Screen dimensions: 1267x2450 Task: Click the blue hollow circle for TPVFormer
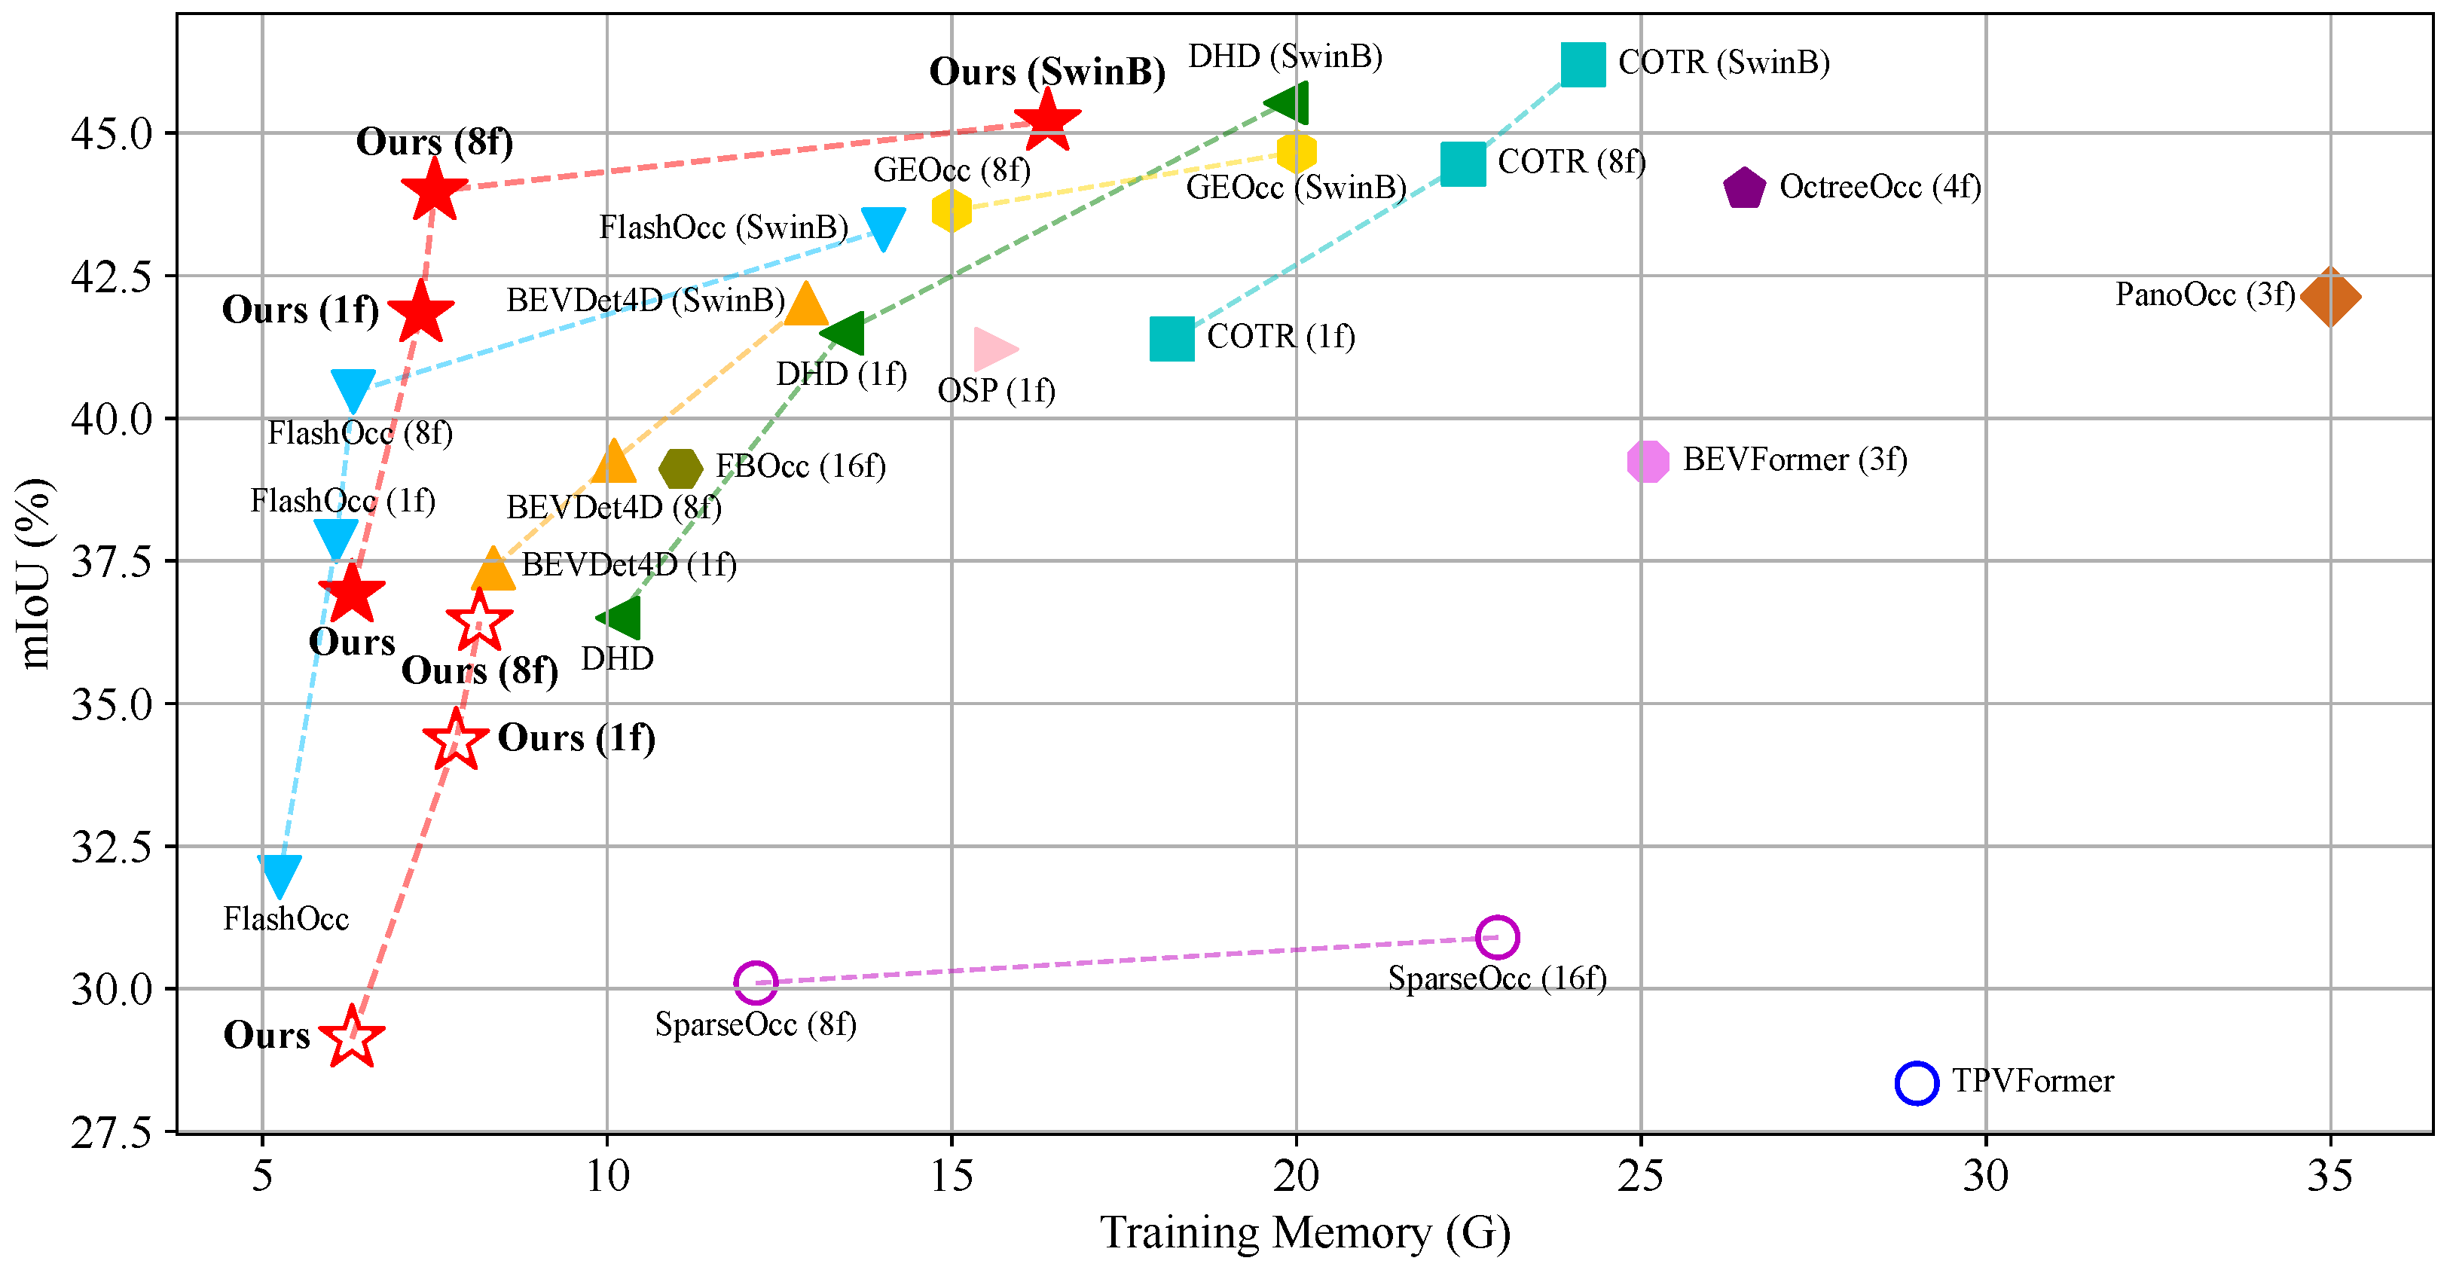pyautogui.click(x=1916, y=1082)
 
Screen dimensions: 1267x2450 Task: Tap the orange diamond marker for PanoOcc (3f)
pyautogui.click(x=2329, y=297)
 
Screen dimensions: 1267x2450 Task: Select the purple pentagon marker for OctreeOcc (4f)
pyautogui.click(x=1743, y=188)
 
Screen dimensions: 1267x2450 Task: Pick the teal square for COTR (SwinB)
pyautogui.click(x=1583, y=64)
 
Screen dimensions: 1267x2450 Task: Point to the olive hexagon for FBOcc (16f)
pyautogui.click(x=680, y=468)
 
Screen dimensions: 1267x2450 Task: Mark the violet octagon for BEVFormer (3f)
pyautogui.click(x=1648, y=461)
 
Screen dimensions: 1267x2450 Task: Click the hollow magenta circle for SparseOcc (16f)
pyautogui.click(x=1497, y=937)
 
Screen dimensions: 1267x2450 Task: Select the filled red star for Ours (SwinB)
pyautogui.click(x=1047, y=121)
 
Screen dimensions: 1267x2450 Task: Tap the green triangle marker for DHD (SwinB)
pyautogui.click(x=1289, y=102)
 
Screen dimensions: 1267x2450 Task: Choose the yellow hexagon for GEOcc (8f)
pyautogui.click(x=951, y=209)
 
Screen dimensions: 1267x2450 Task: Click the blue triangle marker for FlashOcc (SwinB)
pyautogui.click(x=883, y=227)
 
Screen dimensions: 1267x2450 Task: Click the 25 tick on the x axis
pyautogui.click(x=1641, y=1177)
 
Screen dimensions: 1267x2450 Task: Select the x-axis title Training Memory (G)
pyautogui.click(x=1305, y=1233)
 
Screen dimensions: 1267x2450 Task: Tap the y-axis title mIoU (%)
pyautogui.click(x=35, y=572)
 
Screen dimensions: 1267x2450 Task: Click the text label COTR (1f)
pyautogui.click(x=1280, y=337)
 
